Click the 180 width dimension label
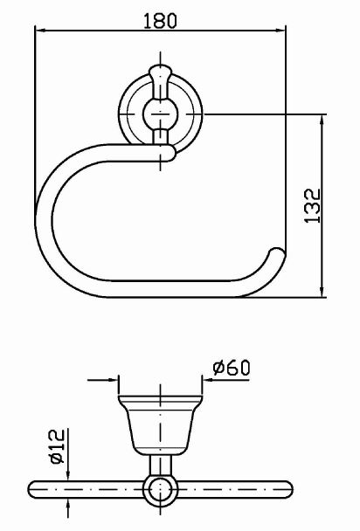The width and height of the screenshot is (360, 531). (x=160, y=20)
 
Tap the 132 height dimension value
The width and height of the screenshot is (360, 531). (x=312, y=205)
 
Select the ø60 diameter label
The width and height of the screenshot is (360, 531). (x=232, y=368)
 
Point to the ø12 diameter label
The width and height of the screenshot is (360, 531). (x=57, y=446)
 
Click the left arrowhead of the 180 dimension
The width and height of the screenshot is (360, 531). (x=41, y=31)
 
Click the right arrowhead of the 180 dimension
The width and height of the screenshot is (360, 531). (x=280, y=31)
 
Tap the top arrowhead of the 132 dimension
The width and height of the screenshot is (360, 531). (x=322, y=121)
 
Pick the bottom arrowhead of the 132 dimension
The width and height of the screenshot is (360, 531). (x=322, y=292)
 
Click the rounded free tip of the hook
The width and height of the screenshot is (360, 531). (x=277, y=254)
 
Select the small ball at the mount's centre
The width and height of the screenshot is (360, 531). (x=160, y=114)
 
